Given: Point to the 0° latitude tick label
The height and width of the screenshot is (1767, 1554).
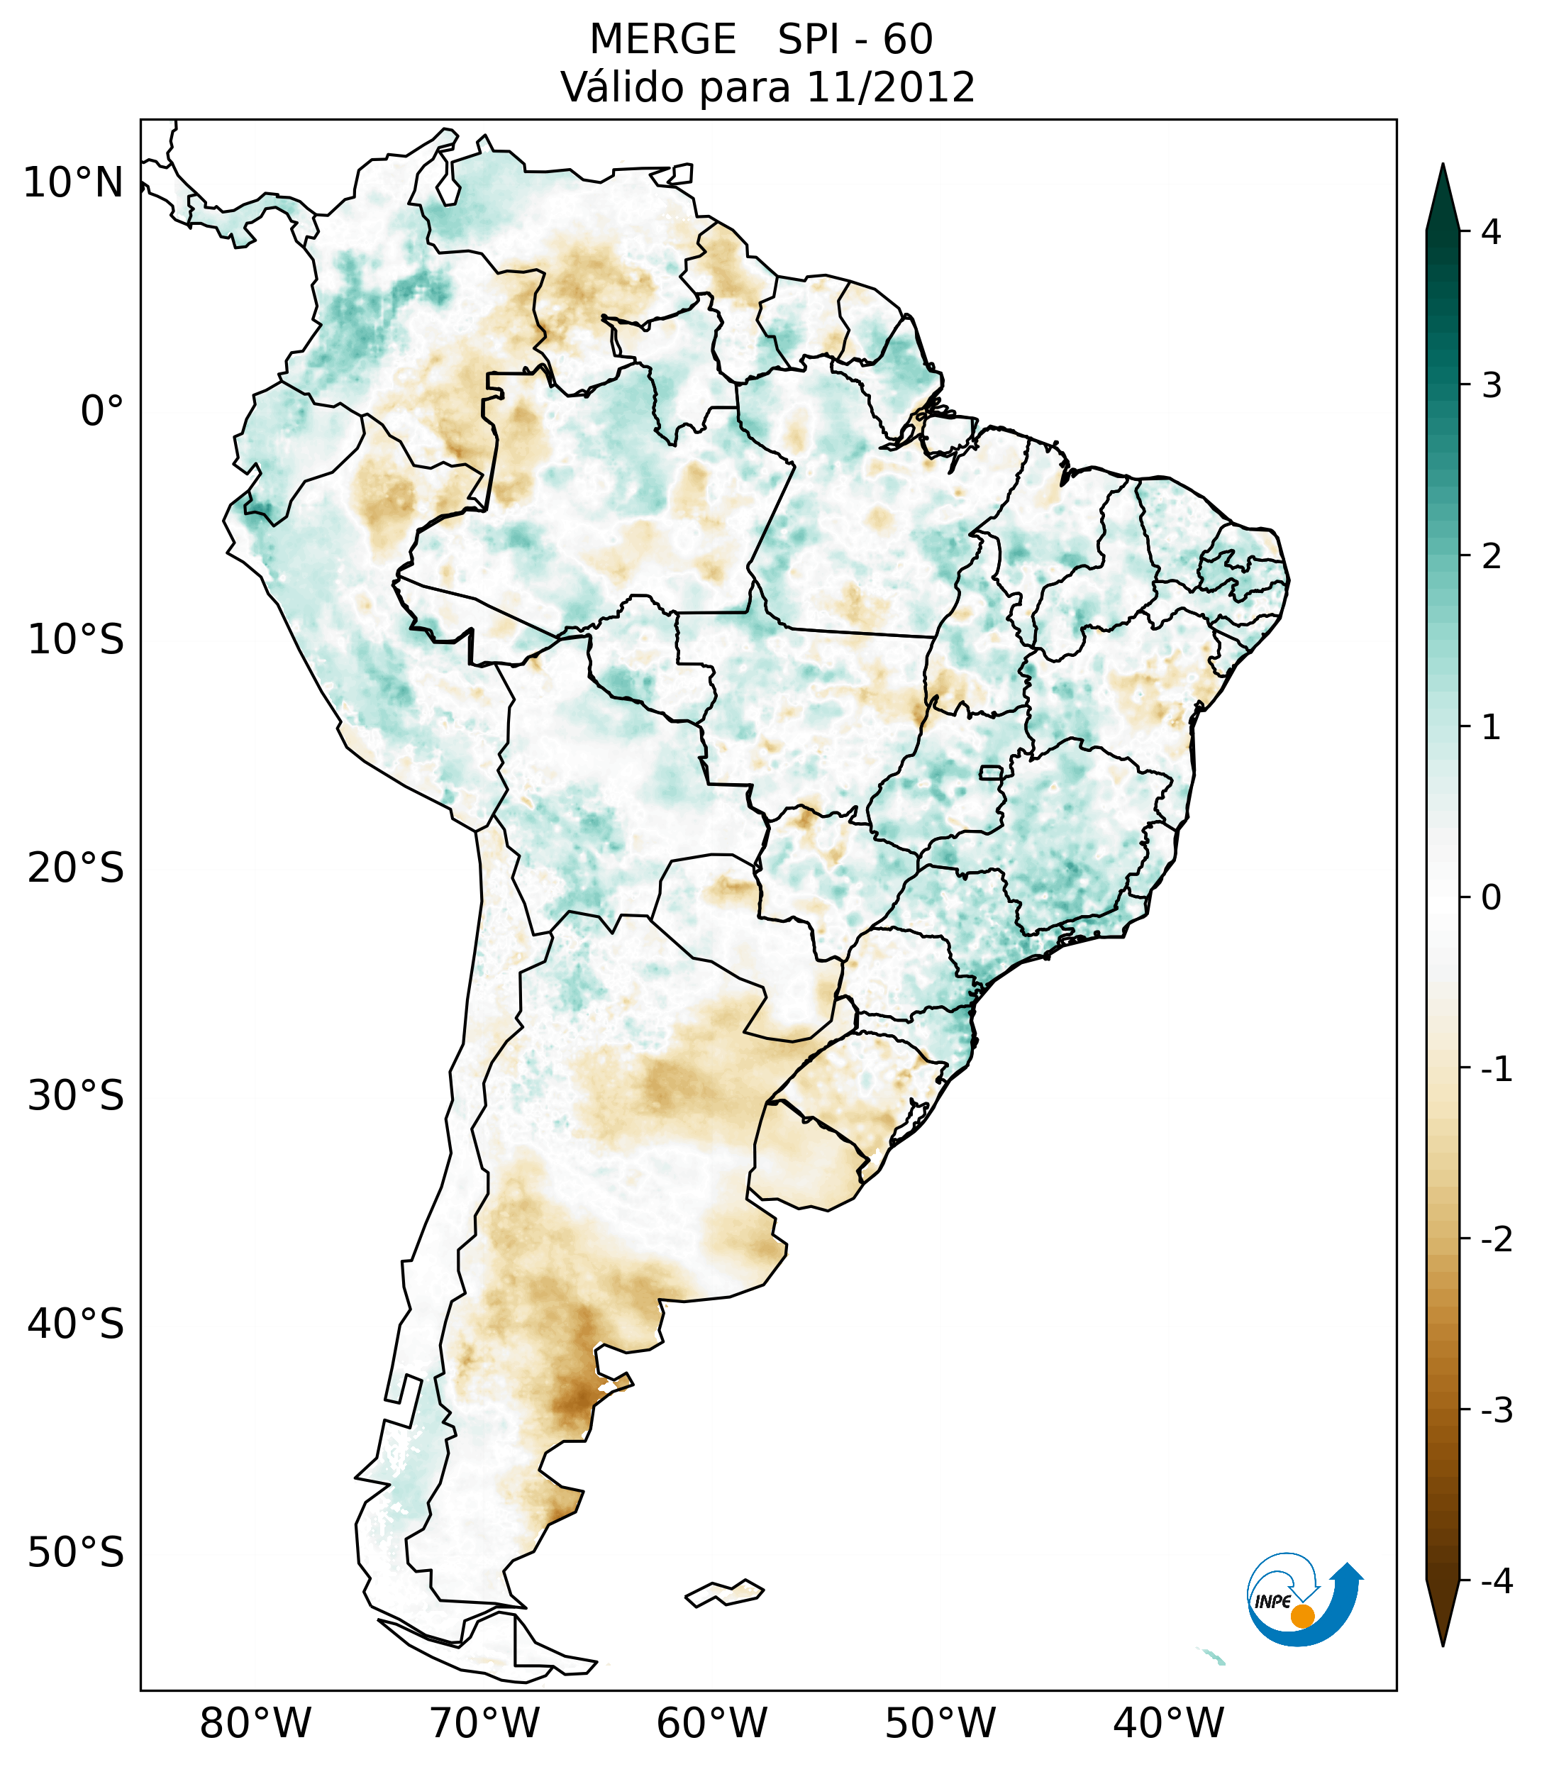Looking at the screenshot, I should coord(102,411).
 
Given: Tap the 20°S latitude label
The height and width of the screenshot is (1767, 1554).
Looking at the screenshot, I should coord(76,868).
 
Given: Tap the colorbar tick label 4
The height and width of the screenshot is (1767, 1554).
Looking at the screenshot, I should coord(1491,232).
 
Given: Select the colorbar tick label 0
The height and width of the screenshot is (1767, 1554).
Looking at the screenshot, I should coord(1491,898).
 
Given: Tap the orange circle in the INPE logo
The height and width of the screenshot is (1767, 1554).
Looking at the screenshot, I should coord(1302,1616).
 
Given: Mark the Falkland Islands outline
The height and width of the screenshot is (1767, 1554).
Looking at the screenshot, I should coord(724,1592).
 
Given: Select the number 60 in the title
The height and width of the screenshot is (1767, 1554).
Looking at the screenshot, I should coord(908,40).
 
